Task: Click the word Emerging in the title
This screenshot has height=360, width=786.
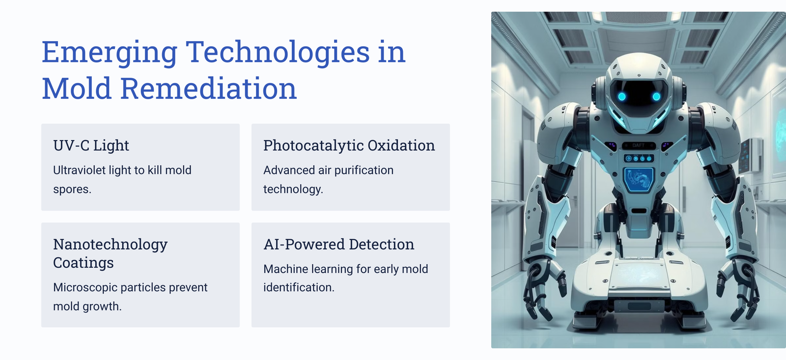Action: (110, 53)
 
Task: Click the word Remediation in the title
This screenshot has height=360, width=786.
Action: (209, 88)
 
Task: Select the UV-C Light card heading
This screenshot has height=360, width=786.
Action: (91, 145)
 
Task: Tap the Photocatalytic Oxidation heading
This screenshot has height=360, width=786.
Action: (349, 145)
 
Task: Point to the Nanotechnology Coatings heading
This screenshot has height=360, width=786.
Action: (110, 253)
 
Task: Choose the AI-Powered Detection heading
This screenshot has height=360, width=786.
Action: (339, 244)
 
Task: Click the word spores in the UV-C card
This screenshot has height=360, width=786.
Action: (72, 190)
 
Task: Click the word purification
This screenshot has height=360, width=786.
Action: (364, 170)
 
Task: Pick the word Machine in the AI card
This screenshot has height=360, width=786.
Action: (285, 269)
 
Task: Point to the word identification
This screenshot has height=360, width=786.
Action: (299, 287)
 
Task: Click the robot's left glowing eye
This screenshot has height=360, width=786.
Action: (622, 96)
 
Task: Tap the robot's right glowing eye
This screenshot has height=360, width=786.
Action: (656, 96)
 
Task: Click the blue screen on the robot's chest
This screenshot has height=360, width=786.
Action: (639, 180)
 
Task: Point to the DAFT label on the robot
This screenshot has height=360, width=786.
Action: (639, 145)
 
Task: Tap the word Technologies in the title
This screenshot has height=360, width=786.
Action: (278, 53)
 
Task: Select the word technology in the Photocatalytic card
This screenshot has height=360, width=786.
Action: (293, 190)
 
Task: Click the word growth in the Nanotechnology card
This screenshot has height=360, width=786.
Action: (102, 306)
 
